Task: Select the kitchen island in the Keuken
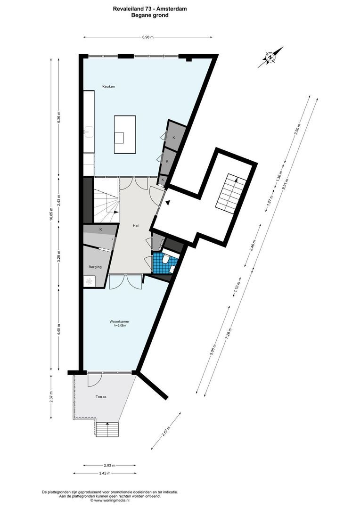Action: [x=124, y=134]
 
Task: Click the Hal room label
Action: [x=136, y=226]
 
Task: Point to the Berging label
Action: [x=95, y=267]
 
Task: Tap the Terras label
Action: [x=100, y=397]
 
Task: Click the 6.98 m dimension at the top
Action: [x=147, y=37]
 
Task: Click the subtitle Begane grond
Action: [x=149, y=15]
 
